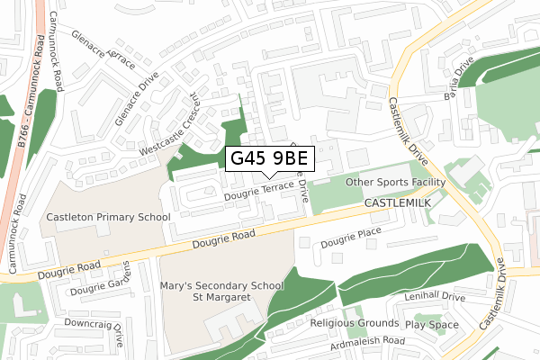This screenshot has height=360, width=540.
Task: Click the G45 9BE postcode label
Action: [x=270, y=157]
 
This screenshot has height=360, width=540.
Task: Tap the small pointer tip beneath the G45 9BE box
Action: [x=270, y=176]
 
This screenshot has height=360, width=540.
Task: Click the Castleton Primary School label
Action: [x=109, y=218]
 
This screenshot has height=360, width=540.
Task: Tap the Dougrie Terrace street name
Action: [x=259, y=191]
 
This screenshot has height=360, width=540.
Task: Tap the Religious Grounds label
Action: [x=354, y=323]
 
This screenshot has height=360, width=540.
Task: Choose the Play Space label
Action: [x=431, y=324]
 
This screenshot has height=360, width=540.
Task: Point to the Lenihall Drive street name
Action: [x=434, y=296]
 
